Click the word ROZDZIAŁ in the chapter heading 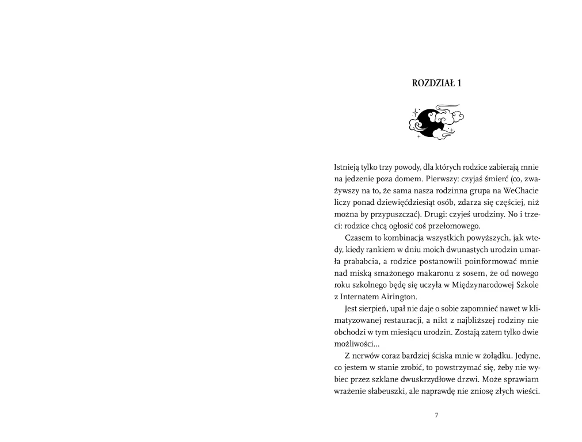click(432, 83)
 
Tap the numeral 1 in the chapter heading click(459, 83)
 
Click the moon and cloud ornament click(436, 121)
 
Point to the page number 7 click(436, 415)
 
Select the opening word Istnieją click(347, 167)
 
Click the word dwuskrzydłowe click(424, 380)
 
